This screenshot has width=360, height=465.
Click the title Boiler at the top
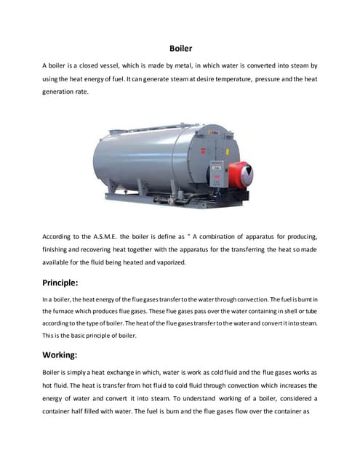click(180, 49)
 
